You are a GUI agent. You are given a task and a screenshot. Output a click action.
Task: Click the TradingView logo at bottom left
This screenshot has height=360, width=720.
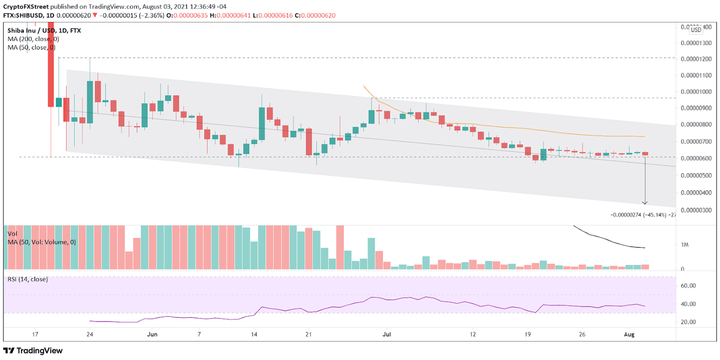[33, 351]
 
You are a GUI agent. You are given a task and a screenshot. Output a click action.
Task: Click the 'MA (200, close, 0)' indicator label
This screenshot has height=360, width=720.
[33, 39]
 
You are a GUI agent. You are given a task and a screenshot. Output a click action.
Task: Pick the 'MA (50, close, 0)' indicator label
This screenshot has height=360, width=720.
[31, 47]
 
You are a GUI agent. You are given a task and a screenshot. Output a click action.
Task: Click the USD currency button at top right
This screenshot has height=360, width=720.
[696, 30]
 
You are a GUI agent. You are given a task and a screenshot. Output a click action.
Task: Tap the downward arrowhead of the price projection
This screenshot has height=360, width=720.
[645, 202]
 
